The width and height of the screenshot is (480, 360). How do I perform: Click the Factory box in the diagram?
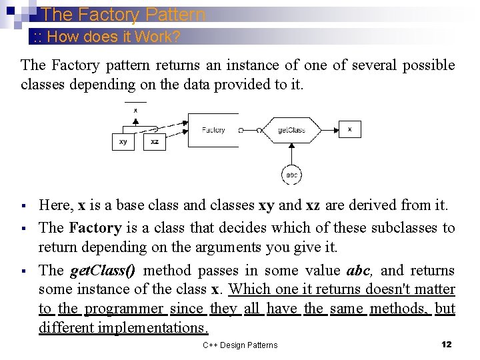(x=213, y=130)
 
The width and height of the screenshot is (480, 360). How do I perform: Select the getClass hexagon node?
(x=291, y=130)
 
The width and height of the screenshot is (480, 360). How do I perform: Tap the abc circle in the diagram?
(x=291, y=175)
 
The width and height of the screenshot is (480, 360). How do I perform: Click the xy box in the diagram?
(x=123, y=142)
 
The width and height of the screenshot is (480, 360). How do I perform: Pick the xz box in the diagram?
(x=155, y=142)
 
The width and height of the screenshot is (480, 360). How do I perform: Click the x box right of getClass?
(x=350, y=129)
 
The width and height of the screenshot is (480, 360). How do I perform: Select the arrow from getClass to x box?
(x=330, y=129)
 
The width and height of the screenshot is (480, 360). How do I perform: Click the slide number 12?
(x=447, y=344)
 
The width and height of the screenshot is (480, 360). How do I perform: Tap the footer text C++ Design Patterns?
(x=240, y=345)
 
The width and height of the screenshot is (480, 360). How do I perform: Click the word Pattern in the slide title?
(x=173, y=15)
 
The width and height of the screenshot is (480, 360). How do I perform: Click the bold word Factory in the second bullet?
(x=95, y=228)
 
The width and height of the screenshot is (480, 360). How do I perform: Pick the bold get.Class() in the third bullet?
(x=103, y=270)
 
